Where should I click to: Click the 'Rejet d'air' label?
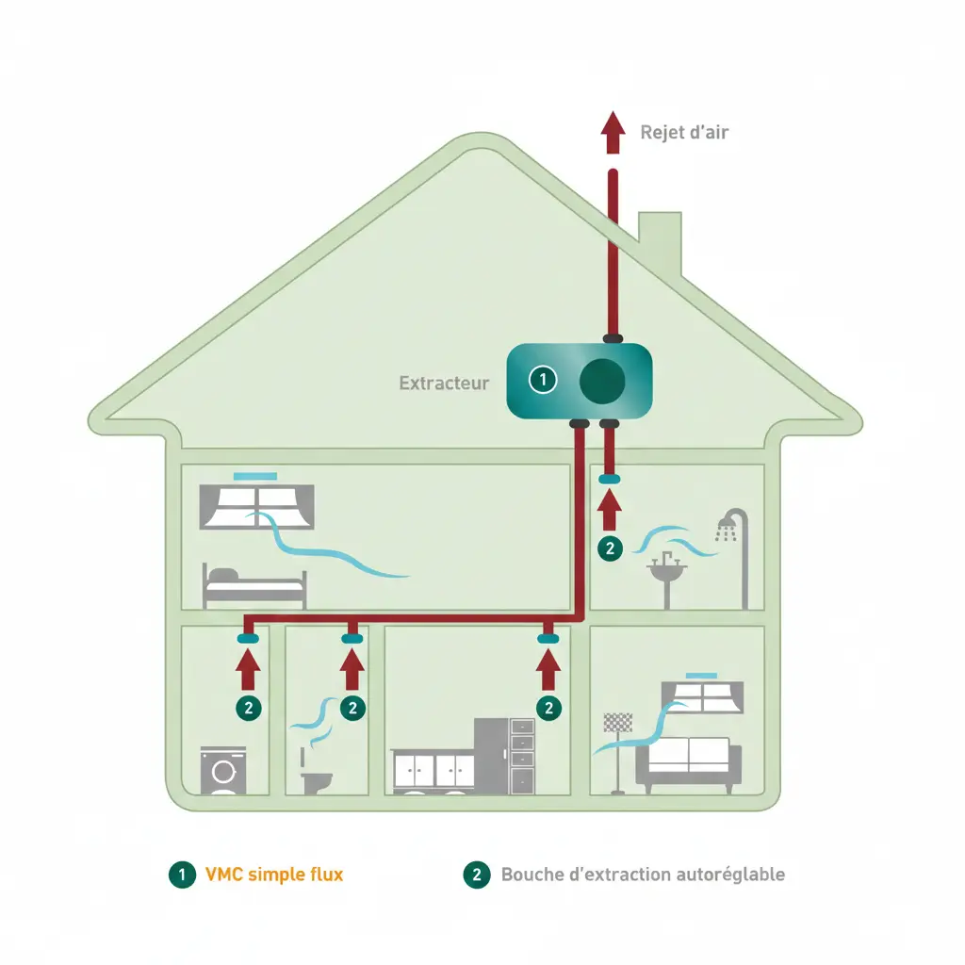click(683, 132)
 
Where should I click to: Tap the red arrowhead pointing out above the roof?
click(613, 126)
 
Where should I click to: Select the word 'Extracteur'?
click(444, 384)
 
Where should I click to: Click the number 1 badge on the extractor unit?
click(543, 381)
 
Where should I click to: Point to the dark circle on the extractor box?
click(600, 381)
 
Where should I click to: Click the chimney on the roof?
click(660, 239)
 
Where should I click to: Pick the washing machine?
click(223, 771)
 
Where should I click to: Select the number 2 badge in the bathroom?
click(611, 547)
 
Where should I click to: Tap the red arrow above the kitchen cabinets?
click(548, 668)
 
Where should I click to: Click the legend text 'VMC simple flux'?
click(273, 875)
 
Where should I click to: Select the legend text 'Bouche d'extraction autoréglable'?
click(642, 875)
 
